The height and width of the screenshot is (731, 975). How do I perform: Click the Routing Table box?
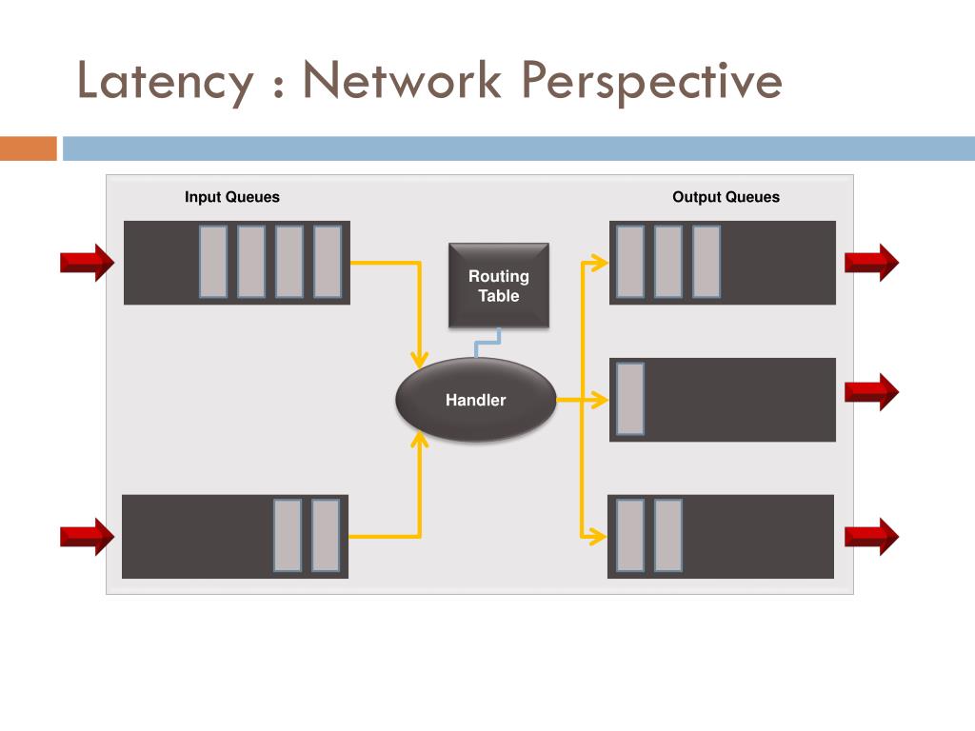pyautogui.click(x=498, y=286)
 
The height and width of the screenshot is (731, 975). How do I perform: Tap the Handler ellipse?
pyautogui.click(x=475, y=400)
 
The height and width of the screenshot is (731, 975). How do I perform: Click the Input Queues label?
pyautogui.click(x=232, y=197)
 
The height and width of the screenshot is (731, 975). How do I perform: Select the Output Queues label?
pyautogui.click(x=726, y=197)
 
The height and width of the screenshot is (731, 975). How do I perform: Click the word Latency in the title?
pyautogui.click(x=165, y=82)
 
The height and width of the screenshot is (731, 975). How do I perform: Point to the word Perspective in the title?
pyautogui.click(x=652, y=82)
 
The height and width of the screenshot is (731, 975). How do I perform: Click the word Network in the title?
pyautogui.click(x=402, y=82)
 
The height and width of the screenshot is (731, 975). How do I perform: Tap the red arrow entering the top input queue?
pyautogui.click(x=87, y=262)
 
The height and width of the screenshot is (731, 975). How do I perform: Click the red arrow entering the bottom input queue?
pyautogui.click(x=87, y=536)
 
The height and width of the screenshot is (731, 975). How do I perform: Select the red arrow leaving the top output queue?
pyautogui.click(x=871, y=262)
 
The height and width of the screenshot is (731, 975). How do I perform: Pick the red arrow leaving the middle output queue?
pyautogui.click(x=871, y=391)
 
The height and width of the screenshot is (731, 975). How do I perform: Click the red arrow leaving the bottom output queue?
pyautogui.click(x=871, y=536)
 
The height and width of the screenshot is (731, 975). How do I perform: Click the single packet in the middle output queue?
pyautogui.click(x=630, y=399)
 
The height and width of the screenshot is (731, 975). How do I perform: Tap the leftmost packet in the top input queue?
pyautogui.click(x=213, y=262)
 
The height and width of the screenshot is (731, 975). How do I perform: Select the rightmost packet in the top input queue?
pyautogui.click(x=328, y=262)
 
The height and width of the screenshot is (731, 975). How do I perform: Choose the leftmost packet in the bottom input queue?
pyautogui.click(x=288, y=536)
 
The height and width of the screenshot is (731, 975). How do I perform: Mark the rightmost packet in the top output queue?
pyautogui.click(x=706, y=262)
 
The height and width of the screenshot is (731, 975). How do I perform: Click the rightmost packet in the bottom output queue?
pyautogui.click(x=668, y=536)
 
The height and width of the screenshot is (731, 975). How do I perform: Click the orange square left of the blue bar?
pyautogui.click(x=29, y=148)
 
